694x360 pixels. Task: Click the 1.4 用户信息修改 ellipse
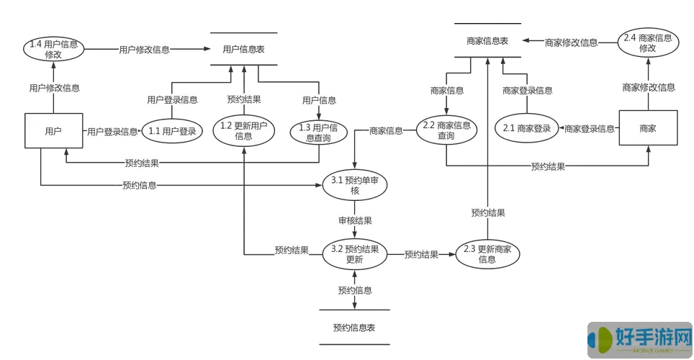tap(53, 49)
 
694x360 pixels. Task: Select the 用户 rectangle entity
tap(53, 131)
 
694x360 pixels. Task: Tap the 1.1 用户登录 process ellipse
tap(172, 131)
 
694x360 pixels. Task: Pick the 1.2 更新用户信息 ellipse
tap(243, 131)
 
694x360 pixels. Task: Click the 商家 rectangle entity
tap(648, 129)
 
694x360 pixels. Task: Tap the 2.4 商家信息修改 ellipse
tap(648, 42)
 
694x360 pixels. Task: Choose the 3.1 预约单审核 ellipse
tap(354, 186)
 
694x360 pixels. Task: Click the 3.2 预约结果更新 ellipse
tap(354, 254)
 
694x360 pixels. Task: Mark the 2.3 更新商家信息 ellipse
tap(487, 254)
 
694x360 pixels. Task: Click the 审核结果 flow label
tap(354, 220)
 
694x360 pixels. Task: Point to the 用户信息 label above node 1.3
tap(319, 101)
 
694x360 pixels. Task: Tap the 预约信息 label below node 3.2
tap(354, 291)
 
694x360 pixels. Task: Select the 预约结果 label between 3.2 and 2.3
tap(421, 254)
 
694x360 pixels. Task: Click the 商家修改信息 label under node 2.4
tap(648, 88)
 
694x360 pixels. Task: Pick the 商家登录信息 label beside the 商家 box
tap(589, 129)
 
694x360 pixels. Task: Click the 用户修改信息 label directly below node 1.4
tap(55, 89)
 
